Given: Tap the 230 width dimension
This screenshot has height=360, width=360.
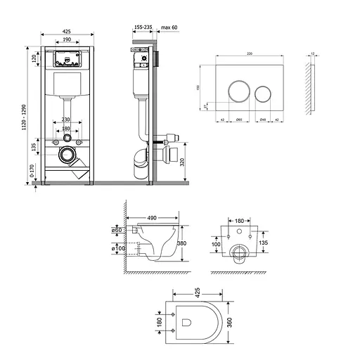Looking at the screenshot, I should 65,120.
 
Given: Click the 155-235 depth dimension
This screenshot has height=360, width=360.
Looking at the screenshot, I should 143,27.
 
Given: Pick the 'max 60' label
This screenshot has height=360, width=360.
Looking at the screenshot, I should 170,27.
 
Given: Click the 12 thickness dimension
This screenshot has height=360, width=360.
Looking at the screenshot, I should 313,53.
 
